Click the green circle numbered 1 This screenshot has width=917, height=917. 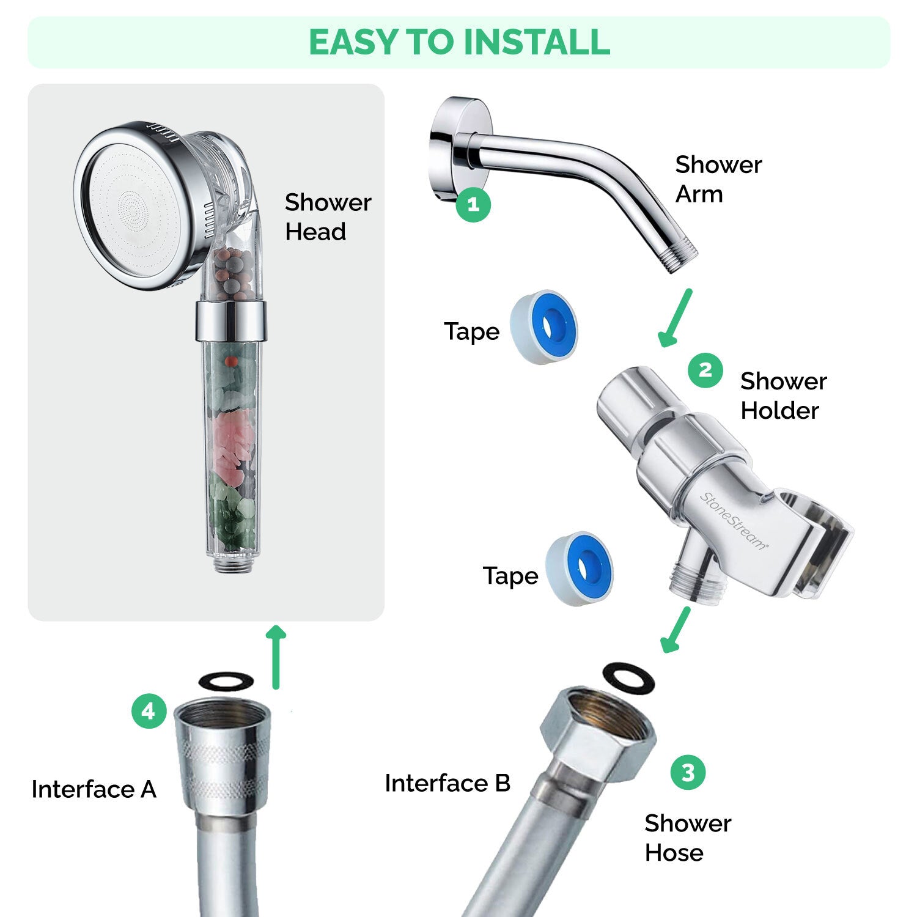(473, 204)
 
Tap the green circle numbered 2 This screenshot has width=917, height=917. (705, 370)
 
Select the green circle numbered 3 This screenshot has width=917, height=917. (688, 772)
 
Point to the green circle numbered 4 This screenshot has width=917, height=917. (149, 711)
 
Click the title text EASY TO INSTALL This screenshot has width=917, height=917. (459, 42)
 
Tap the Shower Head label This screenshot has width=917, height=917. (328, 217)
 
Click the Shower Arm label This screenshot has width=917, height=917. (718, 179)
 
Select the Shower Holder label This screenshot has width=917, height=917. (783, 396)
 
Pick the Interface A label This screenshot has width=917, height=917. (94, 789)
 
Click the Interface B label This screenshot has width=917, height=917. (447, 783)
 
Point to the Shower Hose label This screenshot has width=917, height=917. (688, 838)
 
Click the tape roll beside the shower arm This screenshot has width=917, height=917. (543, 327)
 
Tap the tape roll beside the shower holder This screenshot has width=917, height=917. (580, 569)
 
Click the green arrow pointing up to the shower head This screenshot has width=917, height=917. (277, 657)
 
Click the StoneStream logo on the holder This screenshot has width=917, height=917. (733, 521)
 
